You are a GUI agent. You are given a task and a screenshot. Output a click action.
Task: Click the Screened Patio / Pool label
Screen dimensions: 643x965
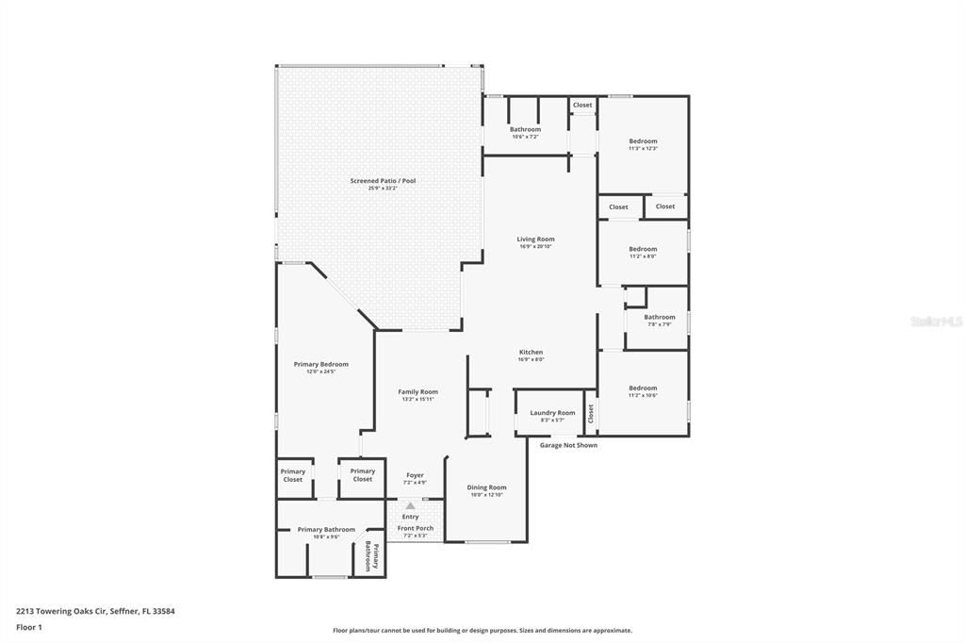click(x=383, y=180)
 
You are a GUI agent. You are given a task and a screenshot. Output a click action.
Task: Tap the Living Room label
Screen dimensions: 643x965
click(x=535, y=239)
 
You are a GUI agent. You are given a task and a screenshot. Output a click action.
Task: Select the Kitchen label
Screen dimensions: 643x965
click(x=531, y=353)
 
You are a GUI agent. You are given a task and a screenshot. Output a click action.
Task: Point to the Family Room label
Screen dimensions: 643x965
click(x=417, y=392)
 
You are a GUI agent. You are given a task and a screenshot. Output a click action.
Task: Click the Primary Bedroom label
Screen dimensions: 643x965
click(x=321, y=365)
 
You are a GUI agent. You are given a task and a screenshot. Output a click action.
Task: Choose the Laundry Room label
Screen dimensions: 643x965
click(x=552, y=413)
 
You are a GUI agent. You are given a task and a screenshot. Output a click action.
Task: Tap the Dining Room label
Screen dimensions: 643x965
click(x=487, y=487)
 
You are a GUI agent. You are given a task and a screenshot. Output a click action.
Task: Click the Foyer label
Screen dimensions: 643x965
click(x=415, y=475)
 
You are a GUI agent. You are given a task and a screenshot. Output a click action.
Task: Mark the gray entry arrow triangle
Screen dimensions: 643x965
click(x=410, y=506)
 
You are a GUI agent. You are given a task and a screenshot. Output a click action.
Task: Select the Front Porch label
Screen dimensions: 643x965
click(x=416, y=528)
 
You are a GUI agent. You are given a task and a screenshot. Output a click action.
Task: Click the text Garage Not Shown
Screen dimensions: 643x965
click(x=568, y=445)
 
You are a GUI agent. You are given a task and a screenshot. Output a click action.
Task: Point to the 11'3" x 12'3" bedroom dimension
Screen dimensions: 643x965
click(x=643, y=148)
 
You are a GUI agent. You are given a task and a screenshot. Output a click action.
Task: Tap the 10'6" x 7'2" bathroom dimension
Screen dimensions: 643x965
click(x=525, y=137)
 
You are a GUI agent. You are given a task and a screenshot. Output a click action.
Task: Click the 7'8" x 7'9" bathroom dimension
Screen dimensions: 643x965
click(x=660, y=324)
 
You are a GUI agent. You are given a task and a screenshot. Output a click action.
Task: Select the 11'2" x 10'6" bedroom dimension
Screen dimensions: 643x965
click(x=643, y=395)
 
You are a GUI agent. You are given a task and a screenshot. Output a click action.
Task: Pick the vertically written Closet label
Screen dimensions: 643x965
click(x=591, y=413)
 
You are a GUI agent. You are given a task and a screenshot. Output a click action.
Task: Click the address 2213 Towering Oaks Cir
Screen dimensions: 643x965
click(x=95, y=611)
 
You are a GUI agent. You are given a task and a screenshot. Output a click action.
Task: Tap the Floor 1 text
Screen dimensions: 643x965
click(x=29, y=627)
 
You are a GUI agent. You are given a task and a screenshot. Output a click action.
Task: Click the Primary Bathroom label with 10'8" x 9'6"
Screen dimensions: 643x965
click(x=326, y=530)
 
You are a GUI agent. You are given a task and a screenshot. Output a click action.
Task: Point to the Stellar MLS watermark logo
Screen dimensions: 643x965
click(x=935, y=321)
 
